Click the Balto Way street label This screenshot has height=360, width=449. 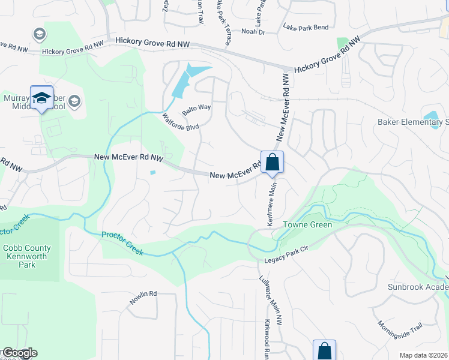pos(197,107)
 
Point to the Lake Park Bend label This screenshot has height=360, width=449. pos(306,28)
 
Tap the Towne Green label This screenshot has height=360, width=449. pos(312,225)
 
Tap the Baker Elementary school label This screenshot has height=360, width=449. pos(413,122)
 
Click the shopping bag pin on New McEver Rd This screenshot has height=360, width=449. pos(272,162)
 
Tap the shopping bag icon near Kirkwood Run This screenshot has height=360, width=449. pos(324,351)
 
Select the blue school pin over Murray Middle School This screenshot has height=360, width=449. pos(41,98)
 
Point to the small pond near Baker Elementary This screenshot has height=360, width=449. pos(431,116)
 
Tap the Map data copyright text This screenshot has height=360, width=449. pos(423,355)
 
